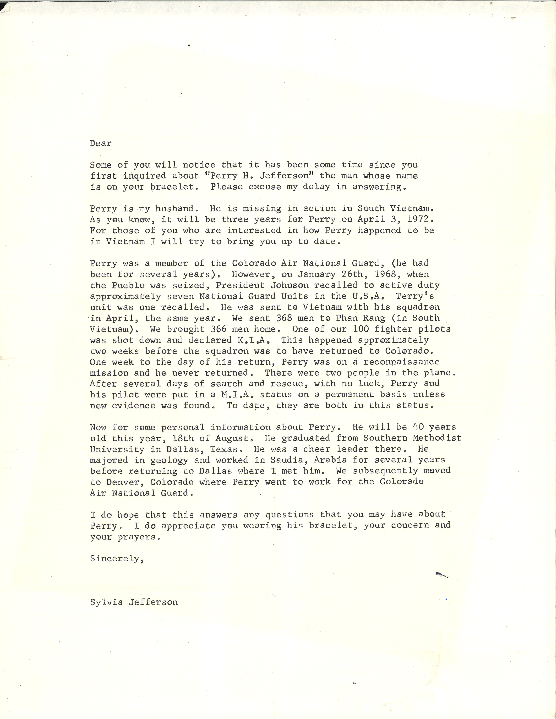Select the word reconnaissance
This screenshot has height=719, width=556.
click(402, 362)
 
